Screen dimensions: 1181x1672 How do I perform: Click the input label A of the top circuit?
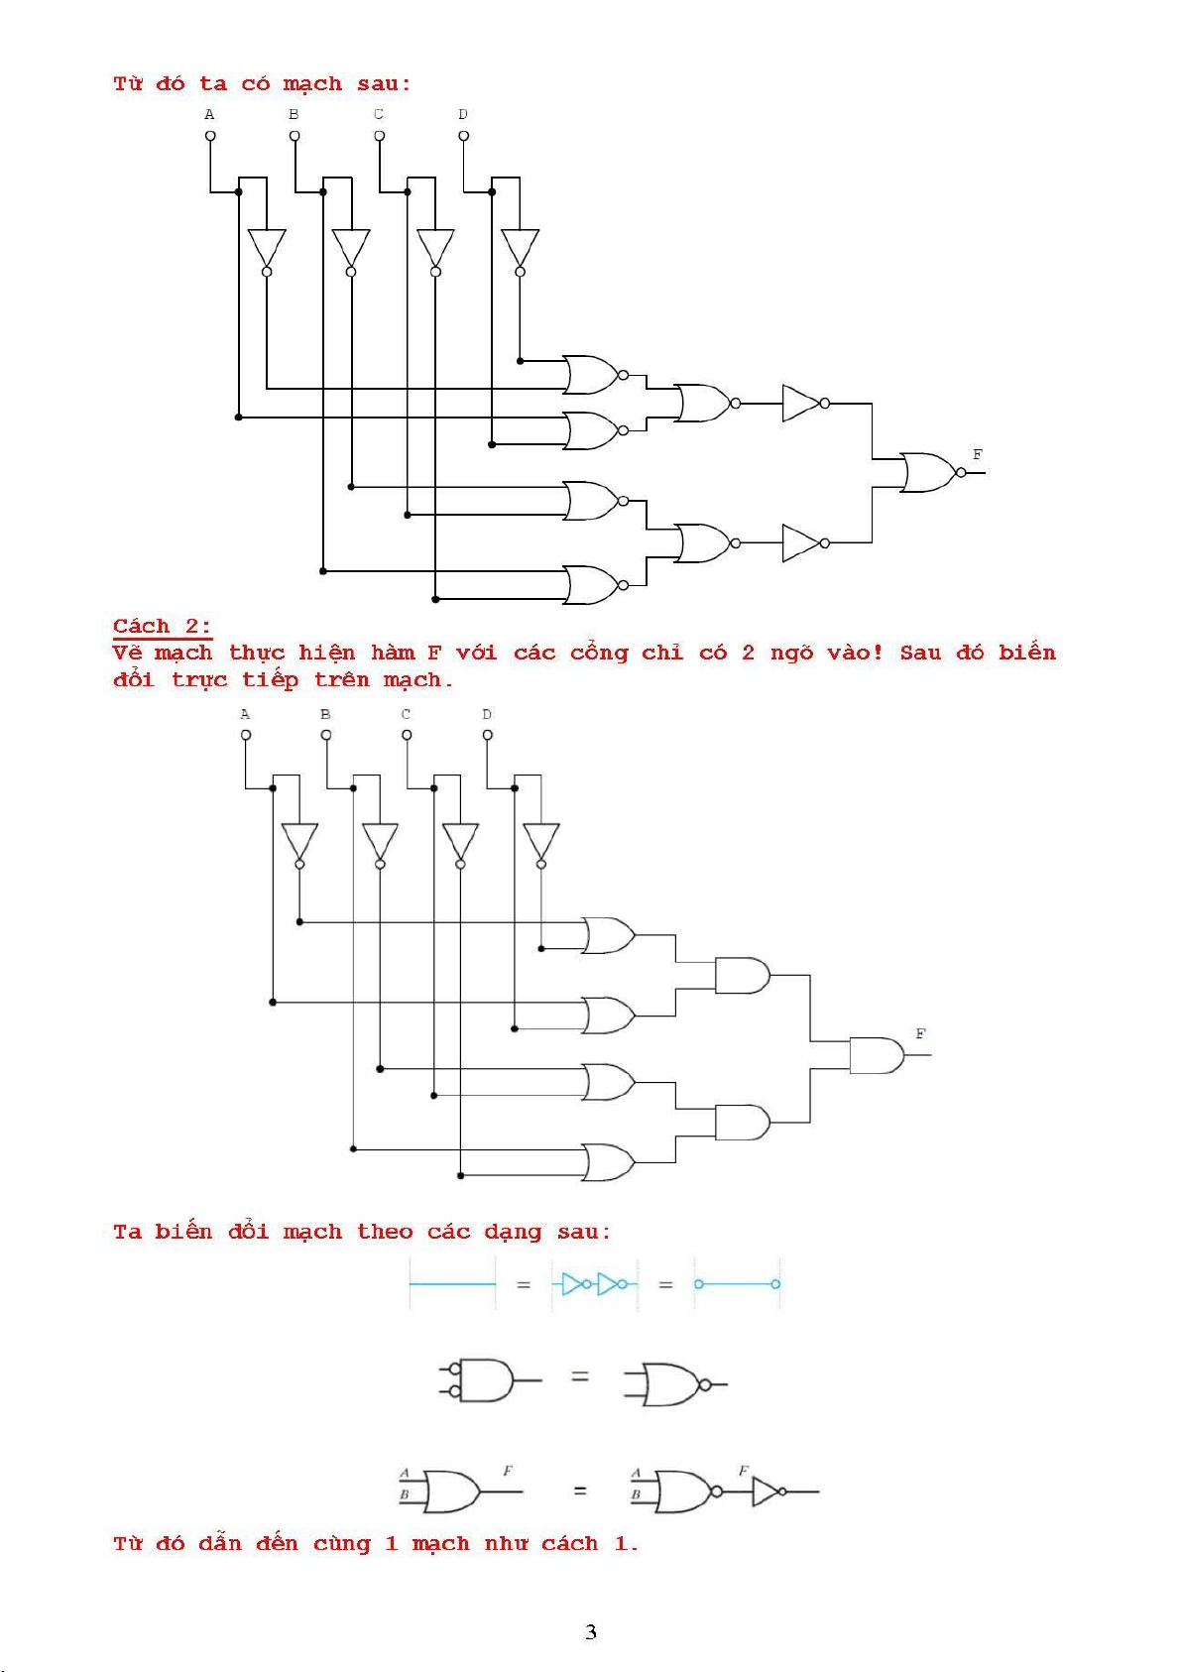click(x=209, y=114)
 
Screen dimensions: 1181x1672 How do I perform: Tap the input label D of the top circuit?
click(x=463, y=114)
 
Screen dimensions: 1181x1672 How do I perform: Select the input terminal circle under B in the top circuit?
click(x=295, y=136)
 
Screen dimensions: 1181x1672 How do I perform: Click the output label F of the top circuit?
click(x=977, y=454)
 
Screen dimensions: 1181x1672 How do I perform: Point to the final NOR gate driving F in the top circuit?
click(x=933, y=472)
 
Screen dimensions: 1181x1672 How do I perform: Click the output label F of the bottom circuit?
click(x=920, y=1033)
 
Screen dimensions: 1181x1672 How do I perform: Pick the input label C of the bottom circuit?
click(x=406, y=714)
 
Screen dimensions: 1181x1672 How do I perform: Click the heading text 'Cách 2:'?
click(x=162, y=626)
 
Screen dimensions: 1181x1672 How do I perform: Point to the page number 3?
click(x=591, y=1631)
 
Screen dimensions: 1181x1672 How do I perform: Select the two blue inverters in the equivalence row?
click(x=595, y=1284)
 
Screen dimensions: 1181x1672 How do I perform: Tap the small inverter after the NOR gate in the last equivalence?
click(x=768, y=1492)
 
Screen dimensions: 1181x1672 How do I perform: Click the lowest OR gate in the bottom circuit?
click(x=609, y=1162)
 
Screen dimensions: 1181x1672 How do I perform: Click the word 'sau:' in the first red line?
click(x=384, y=83)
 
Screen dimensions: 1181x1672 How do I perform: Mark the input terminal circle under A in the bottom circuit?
click(x=246, y=735)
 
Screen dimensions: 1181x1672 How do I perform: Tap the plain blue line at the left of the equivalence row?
click(x=452, y=1284)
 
